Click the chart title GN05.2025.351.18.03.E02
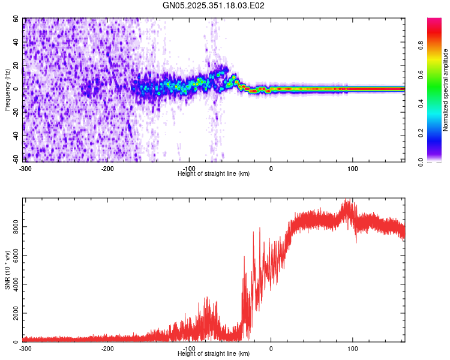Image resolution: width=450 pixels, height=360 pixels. tap(214, 5)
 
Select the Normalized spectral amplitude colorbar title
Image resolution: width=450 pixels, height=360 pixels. tap(446, 90)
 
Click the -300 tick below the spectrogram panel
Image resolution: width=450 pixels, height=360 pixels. tap(25, 169)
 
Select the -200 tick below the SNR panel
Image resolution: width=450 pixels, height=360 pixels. tap(107, 349)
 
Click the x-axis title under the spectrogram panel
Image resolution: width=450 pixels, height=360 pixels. tap(214, 173)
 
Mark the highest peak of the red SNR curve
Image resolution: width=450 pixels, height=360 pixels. tap(346, 200)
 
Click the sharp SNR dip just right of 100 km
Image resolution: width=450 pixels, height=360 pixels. tap(356, 242)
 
